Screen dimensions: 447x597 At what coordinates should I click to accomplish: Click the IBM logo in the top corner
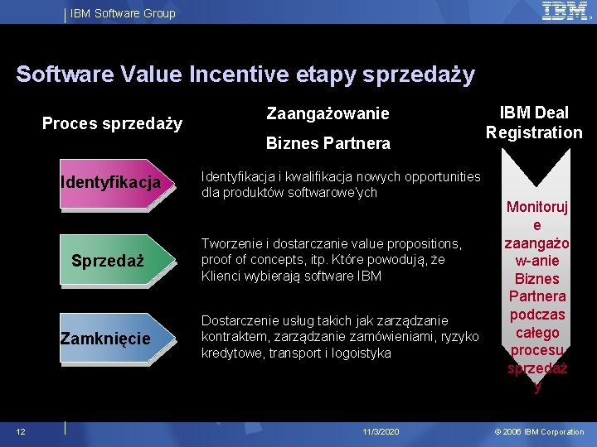565,12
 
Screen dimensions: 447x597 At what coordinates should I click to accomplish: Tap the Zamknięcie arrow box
111,339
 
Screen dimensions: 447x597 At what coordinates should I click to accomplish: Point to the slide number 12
21,432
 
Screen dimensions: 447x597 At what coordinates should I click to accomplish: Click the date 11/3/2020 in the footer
381,432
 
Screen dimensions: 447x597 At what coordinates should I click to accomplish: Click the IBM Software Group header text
123,13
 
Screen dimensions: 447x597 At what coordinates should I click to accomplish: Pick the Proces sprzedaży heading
112,125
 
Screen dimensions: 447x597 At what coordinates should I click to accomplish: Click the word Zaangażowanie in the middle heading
328,113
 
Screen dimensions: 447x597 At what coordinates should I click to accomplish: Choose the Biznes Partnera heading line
328,143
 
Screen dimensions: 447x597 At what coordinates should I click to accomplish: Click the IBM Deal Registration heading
534,123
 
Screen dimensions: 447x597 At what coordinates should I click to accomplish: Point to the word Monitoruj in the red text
536,207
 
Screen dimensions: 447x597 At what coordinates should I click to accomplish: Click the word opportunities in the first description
439,176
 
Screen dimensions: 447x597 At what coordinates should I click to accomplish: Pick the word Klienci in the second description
220,276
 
